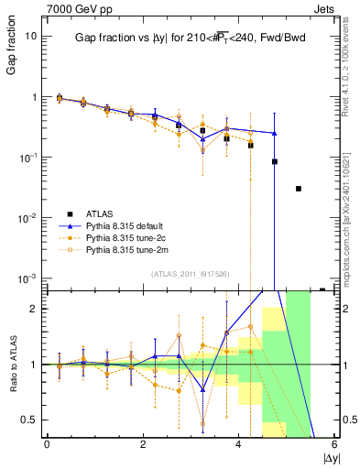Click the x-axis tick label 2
click(143, 443)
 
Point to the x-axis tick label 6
click(335, 443)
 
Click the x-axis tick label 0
click(47, 443)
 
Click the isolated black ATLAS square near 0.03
click(299, 189)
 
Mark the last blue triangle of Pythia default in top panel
click(274, 133)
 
